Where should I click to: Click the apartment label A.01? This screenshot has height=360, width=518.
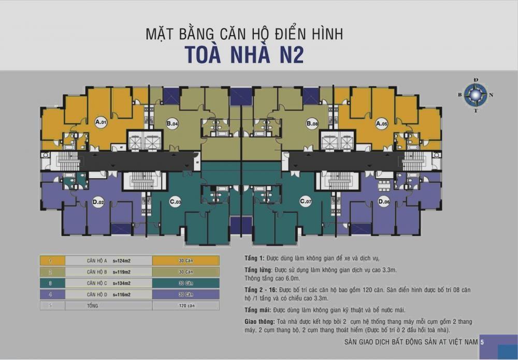coord(101,123)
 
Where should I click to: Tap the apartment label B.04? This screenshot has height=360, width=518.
coord(172,123)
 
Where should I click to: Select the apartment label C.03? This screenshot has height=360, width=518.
coord(175,201)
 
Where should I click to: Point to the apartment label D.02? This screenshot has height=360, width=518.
coord(98,202)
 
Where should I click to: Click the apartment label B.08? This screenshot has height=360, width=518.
coord(312,123)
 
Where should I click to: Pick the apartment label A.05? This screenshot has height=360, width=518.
coord(382,123)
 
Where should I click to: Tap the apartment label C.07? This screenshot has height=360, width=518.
coord(305,201)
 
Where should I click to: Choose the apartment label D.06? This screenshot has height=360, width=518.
coord(384,201)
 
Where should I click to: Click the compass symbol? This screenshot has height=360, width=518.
coord(476,95)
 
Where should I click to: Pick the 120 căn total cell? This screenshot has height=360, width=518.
coord(185,306)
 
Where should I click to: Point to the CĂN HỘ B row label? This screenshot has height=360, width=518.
coord(97,272)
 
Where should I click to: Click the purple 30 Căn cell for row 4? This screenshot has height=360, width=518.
coord(185,294)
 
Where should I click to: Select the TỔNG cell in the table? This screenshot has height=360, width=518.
coord(93,306)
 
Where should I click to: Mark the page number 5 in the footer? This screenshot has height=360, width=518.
coord(482,342)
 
